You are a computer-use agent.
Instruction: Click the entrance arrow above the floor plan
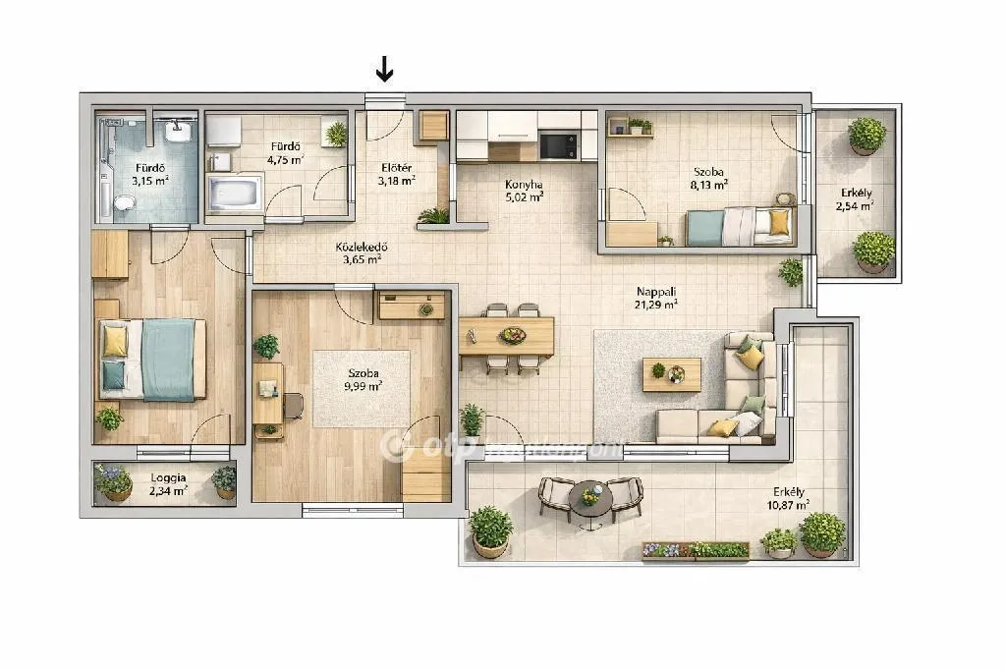[385, 69]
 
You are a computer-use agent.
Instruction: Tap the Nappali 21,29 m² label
[657, 298]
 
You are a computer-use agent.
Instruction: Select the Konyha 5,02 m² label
[524, 190]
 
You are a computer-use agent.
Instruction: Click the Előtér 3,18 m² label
[397, 174]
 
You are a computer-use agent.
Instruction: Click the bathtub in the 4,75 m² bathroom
[234, 192]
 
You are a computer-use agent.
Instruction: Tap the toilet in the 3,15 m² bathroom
[123, 203]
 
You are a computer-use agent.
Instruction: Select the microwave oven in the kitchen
[558, 146]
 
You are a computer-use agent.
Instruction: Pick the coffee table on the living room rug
[672, 373]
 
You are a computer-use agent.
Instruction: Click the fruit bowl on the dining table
[512, 335]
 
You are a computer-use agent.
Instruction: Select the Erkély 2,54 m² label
[854, 199]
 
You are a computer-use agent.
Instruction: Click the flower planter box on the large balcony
[696, 550]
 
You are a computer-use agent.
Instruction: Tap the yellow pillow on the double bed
[115, 341]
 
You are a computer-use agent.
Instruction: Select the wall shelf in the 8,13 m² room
[630, 129]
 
